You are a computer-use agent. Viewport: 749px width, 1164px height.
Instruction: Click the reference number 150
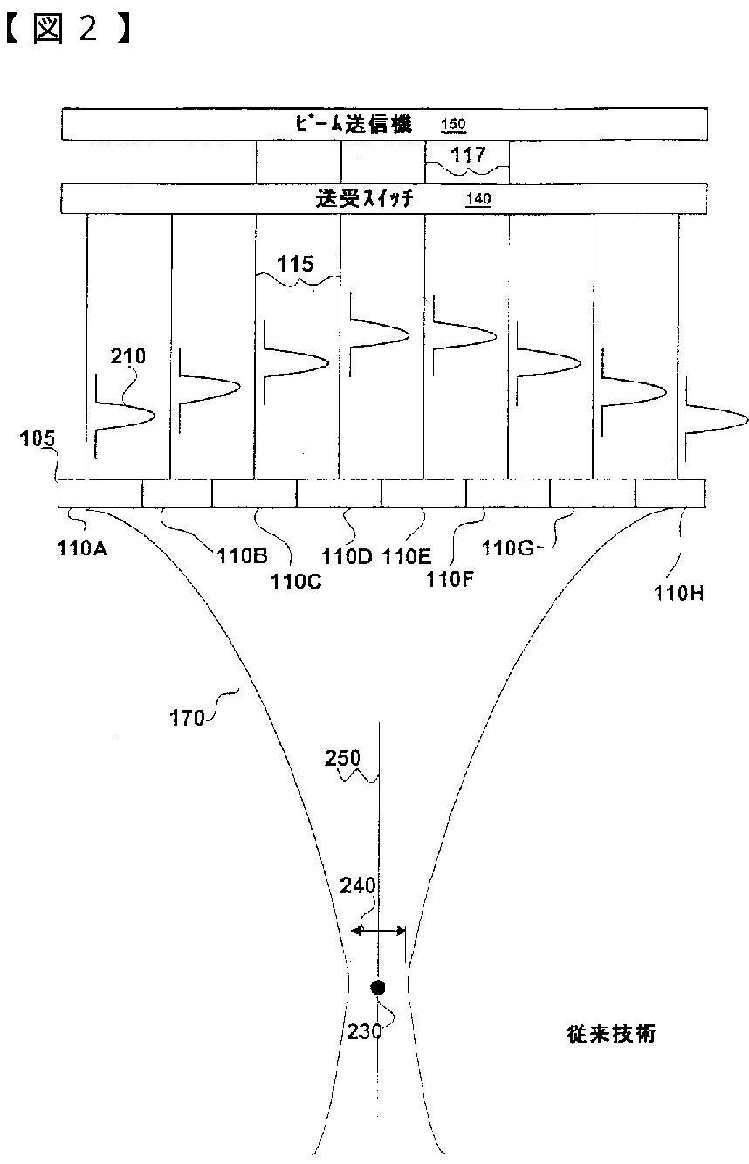click(453, 125)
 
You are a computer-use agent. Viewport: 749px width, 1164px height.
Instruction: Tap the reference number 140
click(478, 199)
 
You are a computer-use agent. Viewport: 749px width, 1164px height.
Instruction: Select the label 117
click(466, 155)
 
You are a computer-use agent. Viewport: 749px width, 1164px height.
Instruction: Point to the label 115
click(297, 263)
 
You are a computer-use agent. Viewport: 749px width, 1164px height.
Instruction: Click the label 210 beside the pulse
click(128, 356)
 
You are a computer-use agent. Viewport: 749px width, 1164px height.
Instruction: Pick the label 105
click(38, 441)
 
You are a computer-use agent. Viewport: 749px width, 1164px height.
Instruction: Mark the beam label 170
click(186, 718)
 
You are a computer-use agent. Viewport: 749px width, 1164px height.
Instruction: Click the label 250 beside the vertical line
click(341, 758)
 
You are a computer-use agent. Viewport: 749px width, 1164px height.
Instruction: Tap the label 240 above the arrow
click(357, 886)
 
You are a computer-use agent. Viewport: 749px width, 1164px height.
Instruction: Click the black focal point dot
click(377, 988)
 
